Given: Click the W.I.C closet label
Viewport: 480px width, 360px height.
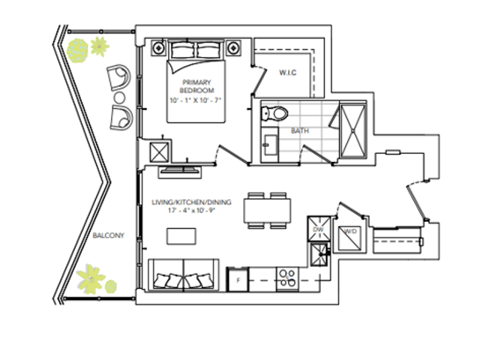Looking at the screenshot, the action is pyautogui.click(x=288, y=73).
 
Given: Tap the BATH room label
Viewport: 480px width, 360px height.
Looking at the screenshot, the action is pyautogui.click(x=300, y=130).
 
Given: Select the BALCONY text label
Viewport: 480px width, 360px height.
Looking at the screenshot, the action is pyautogui.click(x=108, y=235).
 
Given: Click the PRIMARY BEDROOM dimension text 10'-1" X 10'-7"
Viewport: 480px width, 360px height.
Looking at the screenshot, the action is pyautogui.click(x=196, y=100).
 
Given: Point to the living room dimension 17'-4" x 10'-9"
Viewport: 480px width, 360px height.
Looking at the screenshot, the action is pyautogui.click(x=192, y=211).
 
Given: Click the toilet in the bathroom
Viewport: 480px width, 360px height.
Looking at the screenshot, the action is pyautogui.click(x=274, y=113).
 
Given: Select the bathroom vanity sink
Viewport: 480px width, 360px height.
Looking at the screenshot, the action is pyautogui.click(x=270, y=145).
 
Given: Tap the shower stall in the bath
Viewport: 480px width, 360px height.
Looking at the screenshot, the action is pyautogui.click(x=353, y=130).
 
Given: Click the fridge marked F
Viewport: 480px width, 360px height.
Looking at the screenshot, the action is pyautogui.click(x=238, y=280).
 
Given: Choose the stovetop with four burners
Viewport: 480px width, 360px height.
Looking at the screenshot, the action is pyautogui.click(x=287, y=279).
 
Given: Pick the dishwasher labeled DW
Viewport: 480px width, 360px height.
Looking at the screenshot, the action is pyautogui.click(x=319, y=229).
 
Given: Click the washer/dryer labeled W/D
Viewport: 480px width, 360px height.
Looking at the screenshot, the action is pyautogui.click(x=349, y=238).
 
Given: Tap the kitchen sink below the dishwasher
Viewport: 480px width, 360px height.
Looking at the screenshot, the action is pyautogui.click(x=319, y=254).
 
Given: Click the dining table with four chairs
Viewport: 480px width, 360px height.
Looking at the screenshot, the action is pyautogui.click(x=267, y=210).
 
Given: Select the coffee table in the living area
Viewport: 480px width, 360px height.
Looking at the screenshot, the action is pyautogui.click(x=181, y=236).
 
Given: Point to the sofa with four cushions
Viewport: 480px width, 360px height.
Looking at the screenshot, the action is pyautogui.click(x=183, y=274).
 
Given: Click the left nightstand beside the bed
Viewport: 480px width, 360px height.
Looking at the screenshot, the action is pyautogui.click(x=158, y=48).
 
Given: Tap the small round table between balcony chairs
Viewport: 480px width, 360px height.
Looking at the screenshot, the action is pyautogui.click(x=119, y=98).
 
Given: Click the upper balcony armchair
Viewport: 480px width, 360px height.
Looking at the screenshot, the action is pyautogui.click(x=119, y=76).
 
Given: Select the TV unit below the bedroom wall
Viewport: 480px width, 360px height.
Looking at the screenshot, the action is pyautogui.click(x=180, y=172).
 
